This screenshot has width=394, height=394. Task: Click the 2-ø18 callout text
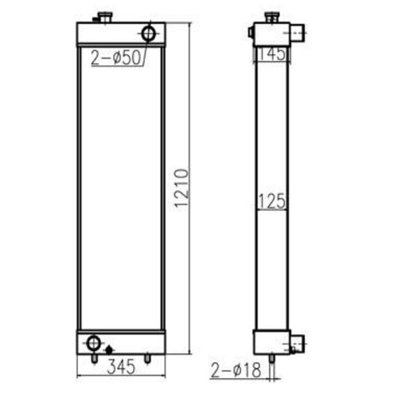pyautogui.click(x=235, y=370)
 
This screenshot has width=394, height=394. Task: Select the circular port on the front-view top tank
pyautogui.click(x=148, y=33)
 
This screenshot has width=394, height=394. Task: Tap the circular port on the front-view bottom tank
pyautogui.click(x=94, y=343)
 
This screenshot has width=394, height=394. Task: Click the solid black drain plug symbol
pyautogui.click(x=109, y=349)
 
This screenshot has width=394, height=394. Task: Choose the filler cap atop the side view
pyautogui.click(x=272, y=18)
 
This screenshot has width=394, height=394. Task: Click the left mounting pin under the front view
pyautogui.click(x=94, y=358)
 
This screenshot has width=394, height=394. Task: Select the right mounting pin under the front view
pyautogui.click(x=148, y=358)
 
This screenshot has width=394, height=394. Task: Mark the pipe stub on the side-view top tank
pyautogui.click(x=297, y=31)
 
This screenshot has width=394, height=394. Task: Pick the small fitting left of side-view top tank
pyautogui.click(x=250, y=32)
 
